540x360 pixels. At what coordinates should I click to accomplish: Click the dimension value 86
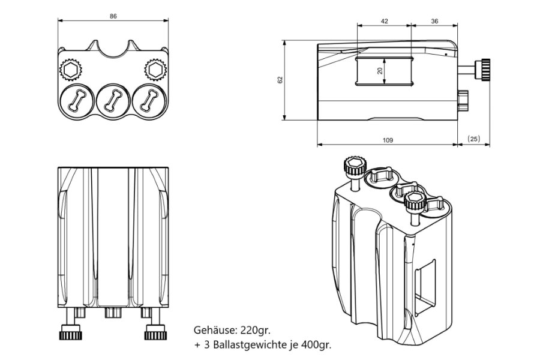point(113,16)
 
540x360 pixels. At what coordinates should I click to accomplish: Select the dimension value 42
point(385,21)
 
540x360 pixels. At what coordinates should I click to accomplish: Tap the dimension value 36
point(434,21)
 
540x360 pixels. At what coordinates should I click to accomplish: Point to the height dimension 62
point(280,80)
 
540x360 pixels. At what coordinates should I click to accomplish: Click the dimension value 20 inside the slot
point(379,71)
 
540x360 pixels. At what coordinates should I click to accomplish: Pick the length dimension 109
point(388,140)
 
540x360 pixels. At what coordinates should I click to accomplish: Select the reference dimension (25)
point(473,139)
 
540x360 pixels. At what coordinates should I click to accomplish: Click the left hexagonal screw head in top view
point(70,70)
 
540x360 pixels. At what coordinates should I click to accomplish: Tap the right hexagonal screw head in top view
point(156,70)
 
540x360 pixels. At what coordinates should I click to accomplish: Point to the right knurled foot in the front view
point(155,332)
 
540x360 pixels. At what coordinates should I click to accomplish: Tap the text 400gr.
point(314,345)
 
